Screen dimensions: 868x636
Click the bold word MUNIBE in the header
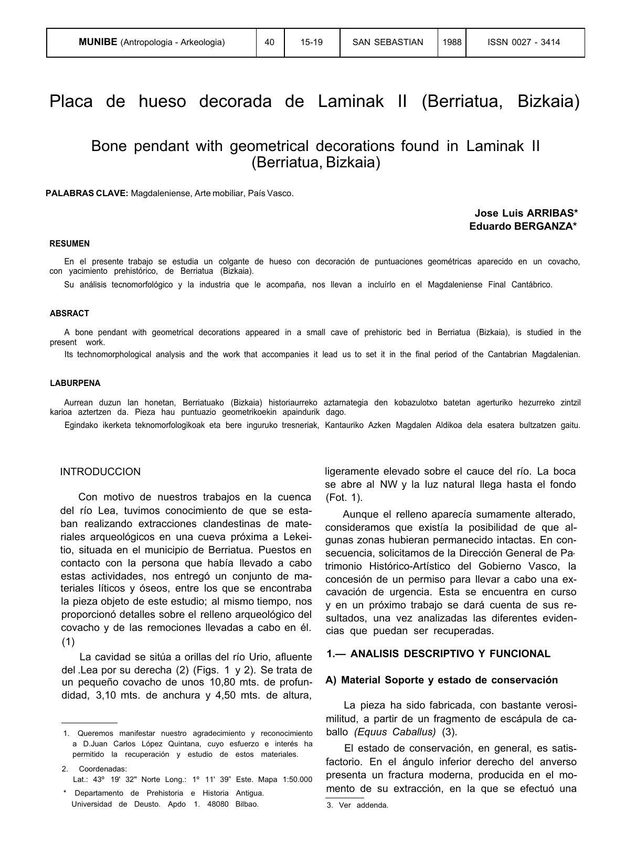(x=98, y=42)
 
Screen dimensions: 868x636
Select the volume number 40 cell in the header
(x=270, y=42)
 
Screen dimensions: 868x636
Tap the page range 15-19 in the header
(x=312, y=42)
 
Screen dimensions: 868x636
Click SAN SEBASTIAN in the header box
(x=388, y=42)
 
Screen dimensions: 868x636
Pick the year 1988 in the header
(x=452, y=42)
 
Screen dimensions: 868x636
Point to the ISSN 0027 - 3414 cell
(x=524, y=42)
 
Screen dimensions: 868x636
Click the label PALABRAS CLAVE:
(x=87, y=194)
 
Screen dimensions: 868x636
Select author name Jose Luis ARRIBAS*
(x=526, y=213)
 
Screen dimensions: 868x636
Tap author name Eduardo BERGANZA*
(x=523, y=227)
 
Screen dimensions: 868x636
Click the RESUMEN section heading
(x=70, y=244)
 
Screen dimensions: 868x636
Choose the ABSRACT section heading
(x=70, y=314)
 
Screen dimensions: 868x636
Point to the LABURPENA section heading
(x=75, y=383)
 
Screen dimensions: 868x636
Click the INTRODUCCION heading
(x=100, y=472)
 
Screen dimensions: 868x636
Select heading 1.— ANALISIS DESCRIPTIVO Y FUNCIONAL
(x=438, y=654)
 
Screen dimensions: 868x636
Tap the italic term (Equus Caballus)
(x=395, y=732)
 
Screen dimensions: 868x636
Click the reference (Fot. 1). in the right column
(x=344, y=498)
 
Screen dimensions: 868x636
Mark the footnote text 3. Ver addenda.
(x=357, y=806)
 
